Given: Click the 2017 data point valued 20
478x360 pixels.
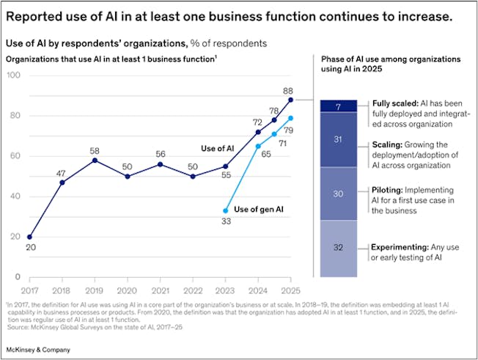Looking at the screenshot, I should coord(29,237).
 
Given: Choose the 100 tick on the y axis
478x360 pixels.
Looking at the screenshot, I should coord(14,75).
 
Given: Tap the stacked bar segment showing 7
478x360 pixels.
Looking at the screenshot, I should coord(338,106).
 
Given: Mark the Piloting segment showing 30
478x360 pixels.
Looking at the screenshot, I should coord(338,194).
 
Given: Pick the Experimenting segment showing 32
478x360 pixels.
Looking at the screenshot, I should coord(338,248).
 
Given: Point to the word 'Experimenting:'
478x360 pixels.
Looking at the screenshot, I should coord(400,248).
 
